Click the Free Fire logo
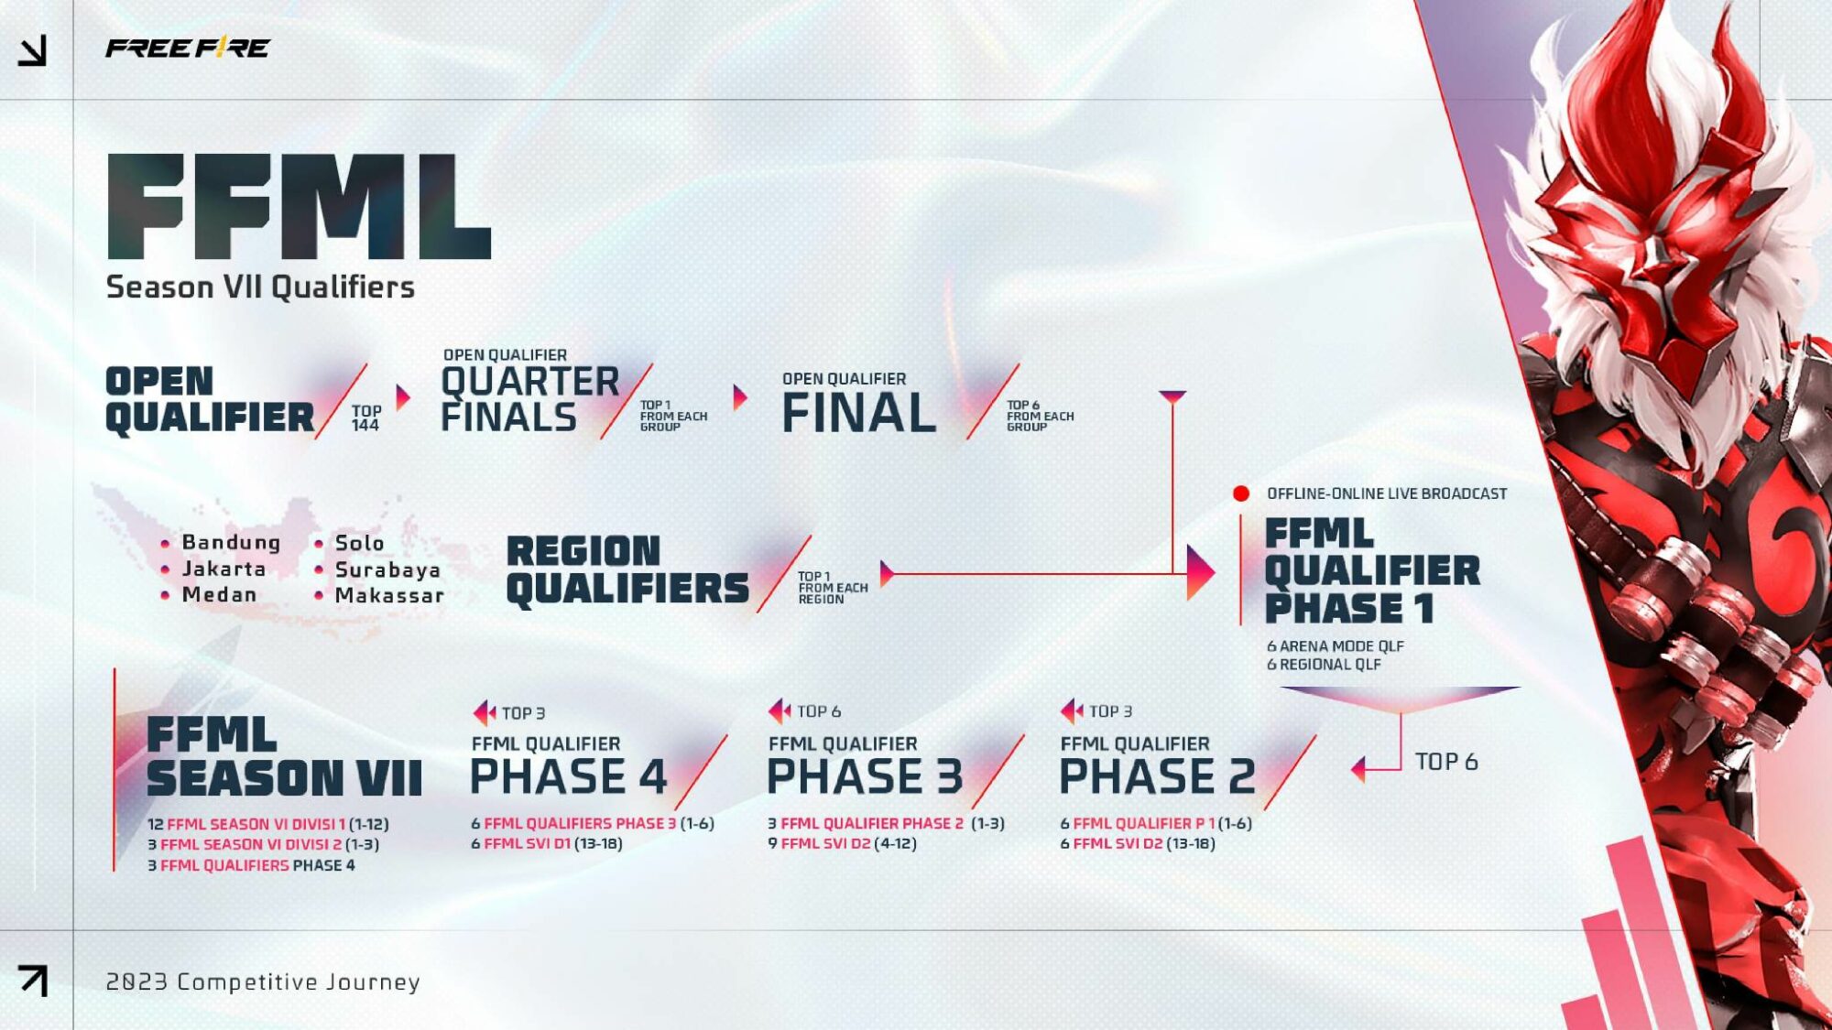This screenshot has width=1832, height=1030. pyautogui.click(x=187, y=48)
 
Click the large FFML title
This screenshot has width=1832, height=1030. pyautogui.click(x=299, y=208)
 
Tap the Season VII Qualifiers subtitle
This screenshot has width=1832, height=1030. pyautogui.click(x=260, y=287)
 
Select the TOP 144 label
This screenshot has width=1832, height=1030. pyautogui.click(x=365, y=418)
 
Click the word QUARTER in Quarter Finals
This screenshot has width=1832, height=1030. pyautogui.click(x=529, y=382)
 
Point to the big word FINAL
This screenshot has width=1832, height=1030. pyautogui.click(x=858, y=413)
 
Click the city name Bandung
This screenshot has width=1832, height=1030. pyautogui.click(x=231, y=542)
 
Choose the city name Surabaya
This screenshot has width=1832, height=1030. pyautogui.click(x=387, y=569)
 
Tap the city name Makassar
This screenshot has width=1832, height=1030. pyautogui.click(x=389, y=595)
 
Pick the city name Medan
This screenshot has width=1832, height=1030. pyautogui.click(x=219, y=594)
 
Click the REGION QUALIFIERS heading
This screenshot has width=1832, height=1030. pyautogui.click(x=627, y=570)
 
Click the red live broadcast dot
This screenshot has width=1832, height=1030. pyautogui.click(x=1241, y=493)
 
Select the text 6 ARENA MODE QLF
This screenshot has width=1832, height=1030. pyautogui.click(x=1335, y=646)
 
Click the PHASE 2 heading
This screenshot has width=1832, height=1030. pyautogui.click(x=1157, y=777)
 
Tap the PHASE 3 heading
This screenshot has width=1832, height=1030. pyautogui.click(x=865, y=777)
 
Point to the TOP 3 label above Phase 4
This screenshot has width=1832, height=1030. pyautogui.click(x=522, y=713)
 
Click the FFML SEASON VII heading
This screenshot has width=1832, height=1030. pyautogui.click(x=284, y=757)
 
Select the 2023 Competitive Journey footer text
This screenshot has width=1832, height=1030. pyautogui.click(x=263, y=981)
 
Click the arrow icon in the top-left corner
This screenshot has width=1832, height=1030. pyautogui.click(x=33, y=51)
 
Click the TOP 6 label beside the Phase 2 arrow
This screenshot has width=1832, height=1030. pyautogui.click(x=1445, y=762)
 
